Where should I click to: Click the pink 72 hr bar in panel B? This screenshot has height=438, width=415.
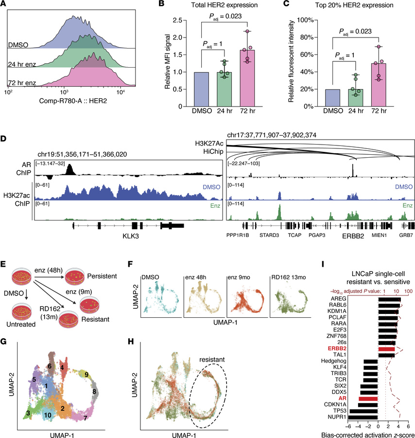pyautogui.click(x=248, y=78)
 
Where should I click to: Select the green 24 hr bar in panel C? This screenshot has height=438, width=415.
pyautogui.click(x=356, y=98)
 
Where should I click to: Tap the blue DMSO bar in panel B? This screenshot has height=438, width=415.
pyautogui.click(x=201, y=90)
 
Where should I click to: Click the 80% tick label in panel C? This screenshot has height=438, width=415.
pyautogui.click(x=307, y=37)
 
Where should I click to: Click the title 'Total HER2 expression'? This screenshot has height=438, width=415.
pyautogui.click(x=224, y=5)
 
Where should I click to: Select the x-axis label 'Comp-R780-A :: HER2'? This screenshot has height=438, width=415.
pyautogui.click(x=73, y=101)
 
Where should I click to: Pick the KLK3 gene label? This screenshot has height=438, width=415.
pyautogui.click(x=131, y=236)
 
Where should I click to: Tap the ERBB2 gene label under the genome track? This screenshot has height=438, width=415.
pyautogui.click(x=353, y=236)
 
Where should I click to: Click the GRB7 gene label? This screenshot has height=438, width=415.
pyautogui.click(x=406, y=235)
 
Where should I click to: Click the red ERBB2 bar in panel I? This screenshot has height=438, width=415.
pyautogui.click(x=386, y=349)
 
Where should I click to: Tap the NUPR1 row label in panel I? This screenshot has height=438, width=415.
pyautogui.click(x=337, y=417)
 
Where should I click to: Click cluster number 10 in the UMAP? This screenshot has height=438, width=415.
pyautogui.click(x=48, y=415)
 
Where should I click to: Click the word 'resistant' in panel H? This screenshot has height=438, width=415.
pyautogui.click(x=212, y=360)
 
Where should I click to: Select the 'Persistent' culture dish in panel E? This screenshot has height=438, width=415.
pyautogui.click(x=74, y=276)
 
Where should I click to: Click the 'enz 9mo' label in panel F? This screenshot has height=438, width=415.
pyautogui.click(x=239, y=277)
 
